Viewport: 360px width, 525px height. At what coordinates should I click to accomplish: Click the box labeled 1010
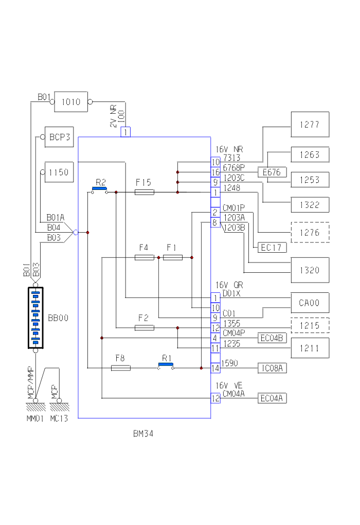[x=71, y=102]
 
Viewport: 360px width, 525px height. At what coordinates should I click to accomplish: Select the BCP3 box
[x=60, y=137]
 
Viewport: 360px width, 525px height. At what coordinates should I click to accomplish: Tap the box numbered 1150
[x=59, y=172]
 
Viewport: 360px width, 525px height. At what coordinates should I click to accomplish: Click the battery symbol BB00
[x=35, y=318]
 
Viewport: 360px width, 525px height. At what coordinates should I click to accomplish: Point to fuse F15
[x=144, y=192]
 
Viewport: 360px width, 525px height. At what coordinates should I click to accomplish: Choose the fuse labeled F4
[x=144, y=257]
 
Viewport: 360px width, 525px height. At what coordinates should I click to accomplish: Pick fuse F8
[x=121, y=368]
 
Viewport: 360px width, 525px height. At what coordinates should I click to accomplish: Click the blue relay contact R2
[x=100, y=189]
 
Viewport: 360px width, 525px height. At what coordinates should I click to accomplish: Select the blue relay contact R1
[x=166, y=364]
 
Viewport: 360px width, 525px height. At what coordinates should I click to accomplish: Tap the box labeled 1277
[x=310, y=124]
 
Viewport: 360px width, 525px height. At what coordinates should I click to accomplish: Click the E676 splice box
[x=272, y=172]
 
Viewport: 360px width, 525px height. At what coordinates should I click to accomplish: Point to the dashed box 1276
[x=310, y=233]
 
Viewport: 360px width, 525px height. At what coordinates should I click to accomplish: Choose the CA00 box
[x=310, y=303]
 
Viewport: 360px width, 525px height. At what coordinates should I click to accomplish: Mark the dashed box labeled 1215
[x=310, y=326]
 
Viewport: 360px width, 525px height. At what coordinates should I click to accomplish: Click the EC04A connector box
[x=273, y=398]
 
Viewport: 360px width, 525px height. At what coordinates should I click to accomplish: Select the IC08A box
[x=273, y=368]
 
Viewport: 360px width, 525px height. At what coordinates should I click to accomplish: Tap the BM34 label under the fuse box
[x=143, y=434]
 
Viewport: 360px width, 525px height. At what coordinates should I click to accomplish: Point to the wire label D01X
[x=231, y=293]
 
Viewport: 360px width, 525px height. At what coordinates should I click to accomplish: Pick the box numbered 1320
[x=310, y=270]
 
